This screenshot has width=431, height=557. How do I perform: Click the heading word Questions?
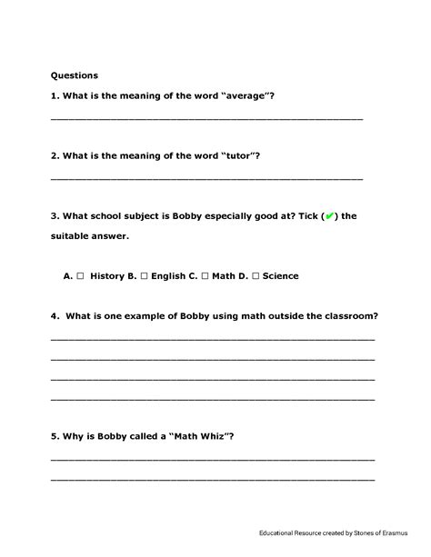click(x=74, y=75)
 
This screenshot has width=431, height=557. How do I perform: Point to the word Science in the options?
click(x=280, y=276)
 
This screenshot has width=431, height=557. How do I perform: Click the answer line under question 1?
click(x=206, y=119)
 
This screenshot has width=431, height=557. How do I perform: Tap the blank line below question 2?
click(x=206, y=178)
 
